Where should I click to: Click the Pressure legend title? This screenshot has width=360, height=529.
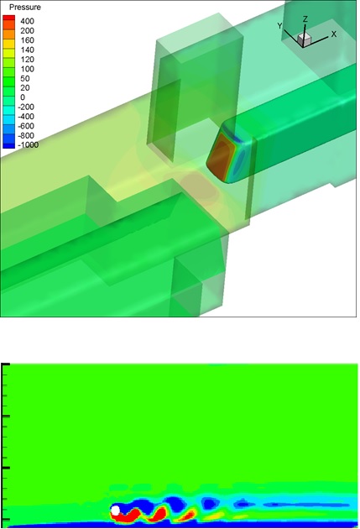[24, 7]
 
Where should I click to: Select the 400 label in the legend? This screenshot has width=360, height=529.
[27, 21]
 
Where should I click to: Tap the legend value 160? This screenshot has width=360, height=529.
[27, 40]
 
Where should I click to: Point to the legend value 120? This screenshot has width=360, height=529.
[27, 60]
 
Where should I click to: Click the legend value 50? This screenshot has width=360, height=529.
[25, 79]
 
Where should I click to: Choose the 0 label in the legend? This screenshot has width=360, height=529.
[23, 97]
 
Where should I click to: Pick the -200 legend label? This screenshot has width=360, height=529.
[26, 107]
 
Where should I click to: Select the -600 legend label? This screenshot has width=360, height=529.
[26, 126]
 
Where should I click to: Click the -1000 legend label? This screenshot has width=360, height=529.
[28, 145]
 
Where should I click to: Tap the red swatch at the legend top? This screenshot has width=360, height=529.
[9, 18]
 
